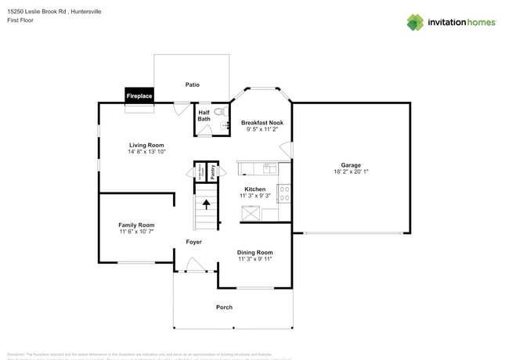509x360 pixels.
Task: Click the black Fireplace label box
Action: [139, 95]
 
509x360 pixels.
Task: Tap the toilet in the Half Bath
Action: [218, 112]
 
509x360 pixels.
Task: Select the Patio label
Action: [192, 85]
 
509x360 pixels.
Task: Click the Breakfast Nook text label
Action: [262, 123]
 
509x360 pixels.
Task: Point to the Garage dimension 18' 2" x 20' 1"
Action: [351, 171]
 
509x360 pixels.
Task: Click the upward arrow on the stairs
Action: [207, 205]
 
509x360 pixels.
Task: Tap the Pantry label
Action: [211, 171]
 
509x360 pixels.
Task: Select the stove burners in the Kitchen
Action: [283, 193]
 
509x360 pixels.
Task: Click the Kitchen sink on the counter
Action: [269, 167]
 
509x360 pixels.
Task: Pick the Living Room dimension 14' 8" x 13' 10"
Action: [146, 152]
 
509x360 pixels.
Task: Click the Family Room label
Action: [136, 225]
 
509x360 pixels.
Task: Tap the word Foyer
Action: [193, 242]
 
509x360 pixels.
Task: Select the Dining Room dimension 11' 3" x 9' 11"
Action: [254, 259]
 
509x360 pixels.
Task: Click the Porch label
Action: [224, 307]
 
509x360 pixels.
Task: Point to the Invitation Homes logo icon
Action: [415, 22]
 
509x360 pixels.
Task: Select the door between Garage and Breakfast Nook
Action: [287, 149]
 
